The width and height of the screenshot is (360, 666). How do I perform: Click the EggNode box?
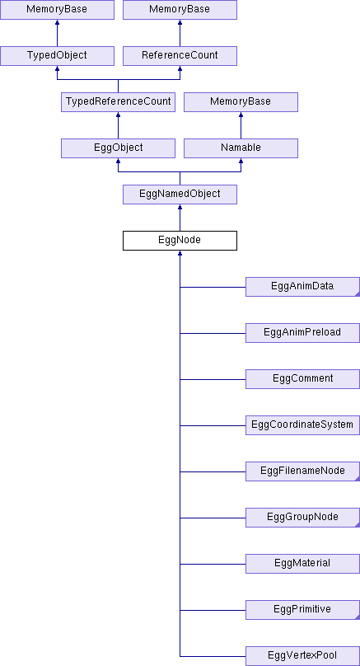pyautogui.click(x=180, y=241)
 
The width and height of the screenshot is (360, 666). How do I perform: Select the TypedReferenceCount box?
pyautogui.click(x=118, y=102)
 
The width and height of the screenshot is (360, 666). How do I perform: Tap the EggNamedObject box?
pyautogui.click(x=180, y=194)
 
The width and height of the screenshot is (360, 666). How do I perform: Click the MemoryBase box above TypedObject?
pyautogui.click(x=57, y=9)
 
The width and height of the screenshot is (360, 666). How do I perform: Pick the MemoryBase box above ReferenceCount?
pyautogui.click(x=180, y=9)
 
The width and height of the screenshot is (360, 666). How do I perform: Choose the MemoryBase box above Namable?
pyautogui.click(x=241, y=102)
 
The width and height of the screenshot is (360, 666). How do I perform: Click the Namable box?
pyautogui.click(x=241, y=148)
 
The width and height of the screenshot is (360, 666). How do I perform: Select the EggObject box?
pyautogui.click(x=118, y=148)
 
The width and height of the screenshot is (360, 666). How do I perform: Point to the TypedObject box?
pyautogui.click(x=57, y=56)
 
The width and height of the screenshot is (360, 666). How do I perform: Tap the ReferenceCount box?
pyautogui.click(x=180, y=56)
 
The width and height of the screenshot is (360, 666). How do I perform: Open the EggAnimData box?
pyautogui.click(x=302, y=287)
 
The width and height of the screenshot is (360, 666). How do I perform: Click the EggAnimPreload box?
pyautogui.click(x=302, y=333)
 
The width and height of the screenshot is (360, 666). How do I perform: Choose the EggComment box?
pyautogui.click(x=302, y=379)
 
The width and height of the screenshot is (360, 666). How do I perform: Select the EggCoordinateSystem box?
pyautogui.click(x=302, y=425)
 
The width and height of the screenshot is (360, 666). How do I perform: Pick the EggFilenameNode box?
pyautogui.click(x=302, y=471)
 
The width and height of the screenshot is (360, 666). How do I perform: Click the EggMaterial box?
pyautogui.click(x=302, y=564)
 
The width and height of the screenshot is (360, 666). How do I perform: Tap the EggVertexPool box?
pyautogui.click(x=302, y=656)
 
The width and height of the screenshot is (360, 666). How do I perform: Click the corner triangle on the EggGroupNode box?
pyautogui.click(x=358, y=525)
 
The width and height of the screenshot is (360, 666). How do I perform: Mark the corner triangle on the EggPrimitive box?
pyautogui.click(x=358, y=617)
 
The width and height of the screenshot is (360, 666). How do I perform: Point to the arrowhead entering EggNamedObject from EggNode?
pyautogui.click(x=180, y=207)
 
